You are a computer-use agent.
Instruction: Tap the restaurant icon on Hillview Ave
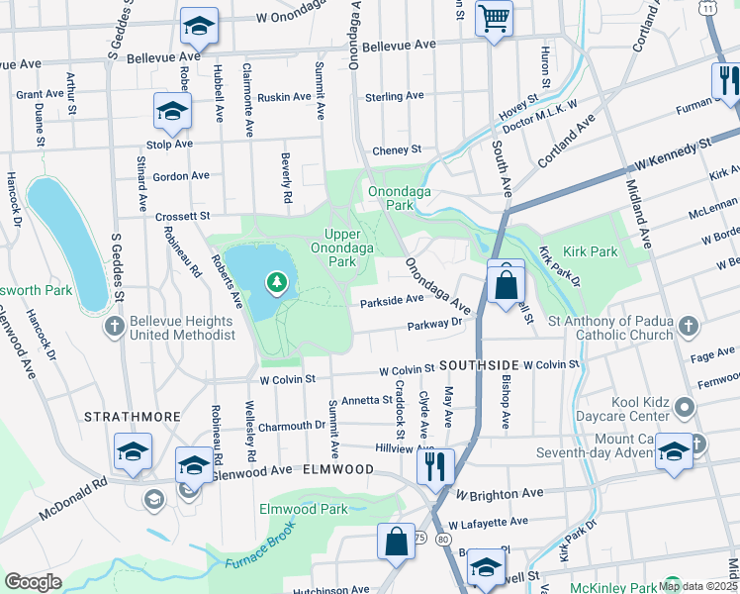(435, 465)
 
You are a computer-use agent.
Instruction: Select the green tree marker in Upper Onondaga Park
(276, 285)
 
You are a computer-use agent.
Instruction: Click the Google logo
(33, 582)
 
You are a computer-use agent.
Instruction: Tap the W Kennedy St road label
(674, 151)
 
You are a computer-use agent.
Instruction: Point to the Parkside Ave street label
(392, 300)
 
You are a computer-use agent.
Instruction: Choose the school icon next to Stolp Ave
(172, 113)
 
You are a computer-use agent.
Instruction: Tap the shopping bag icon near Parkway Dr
(506, 285)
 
